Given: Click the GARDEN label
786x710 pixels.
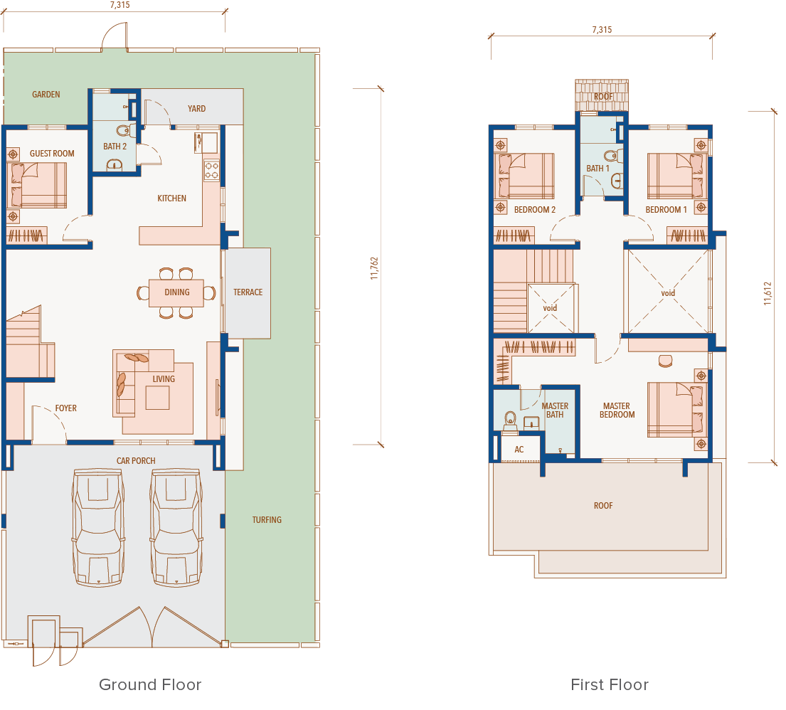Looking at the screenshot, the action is [x=46, y=95].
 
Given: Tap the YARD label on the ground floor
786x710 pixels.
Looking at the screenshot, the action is [x=196, y=108].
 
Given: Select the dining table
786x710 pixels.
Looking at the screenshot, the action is [x=176, y=293].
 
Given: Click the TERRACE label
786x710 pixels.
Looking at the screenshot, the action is [x=248, y=292].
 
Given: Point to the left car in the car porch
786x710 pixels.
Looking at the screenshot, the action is [x=98, y=527].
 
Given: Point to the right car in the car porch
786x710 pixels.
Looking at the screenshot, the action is [x=176, y=527].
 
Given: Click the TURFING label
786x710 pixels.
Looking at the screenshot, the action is [x=267, y=520].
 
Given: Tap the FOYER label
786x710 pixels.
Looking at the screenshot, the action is [x=66, y=408].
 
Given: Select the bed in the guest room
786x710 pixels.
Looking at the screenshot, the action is [x=36, y=185].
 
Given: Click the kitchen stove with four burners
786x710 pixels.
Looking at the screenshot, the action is [x=211, y=169].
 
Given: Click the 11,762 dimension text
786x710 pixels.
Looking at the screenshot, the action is [x=374, y=268].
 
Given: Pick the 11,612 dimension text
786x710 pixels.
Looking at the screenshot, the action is [x=768, y=293].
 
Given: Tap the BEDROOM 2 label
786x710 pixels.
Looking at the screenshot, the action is [x=535, y=210].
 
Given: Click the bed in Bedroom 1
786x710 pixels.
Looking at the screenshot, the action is [x=677, y=176].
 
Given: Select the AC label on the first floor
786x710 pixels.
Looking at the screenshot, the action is [x=519, y=450].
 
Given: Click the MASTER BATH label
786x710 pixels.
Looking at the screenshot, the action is [x=555, y=410].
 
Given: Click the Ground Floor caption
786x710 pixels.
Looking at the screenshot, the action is [x=150, y=684].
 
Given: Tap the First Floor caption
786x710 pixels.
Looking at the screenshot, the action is [x=610, y=684].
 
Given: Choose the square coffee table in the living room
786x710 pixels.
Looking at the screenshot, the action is [x=157, y=398].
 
